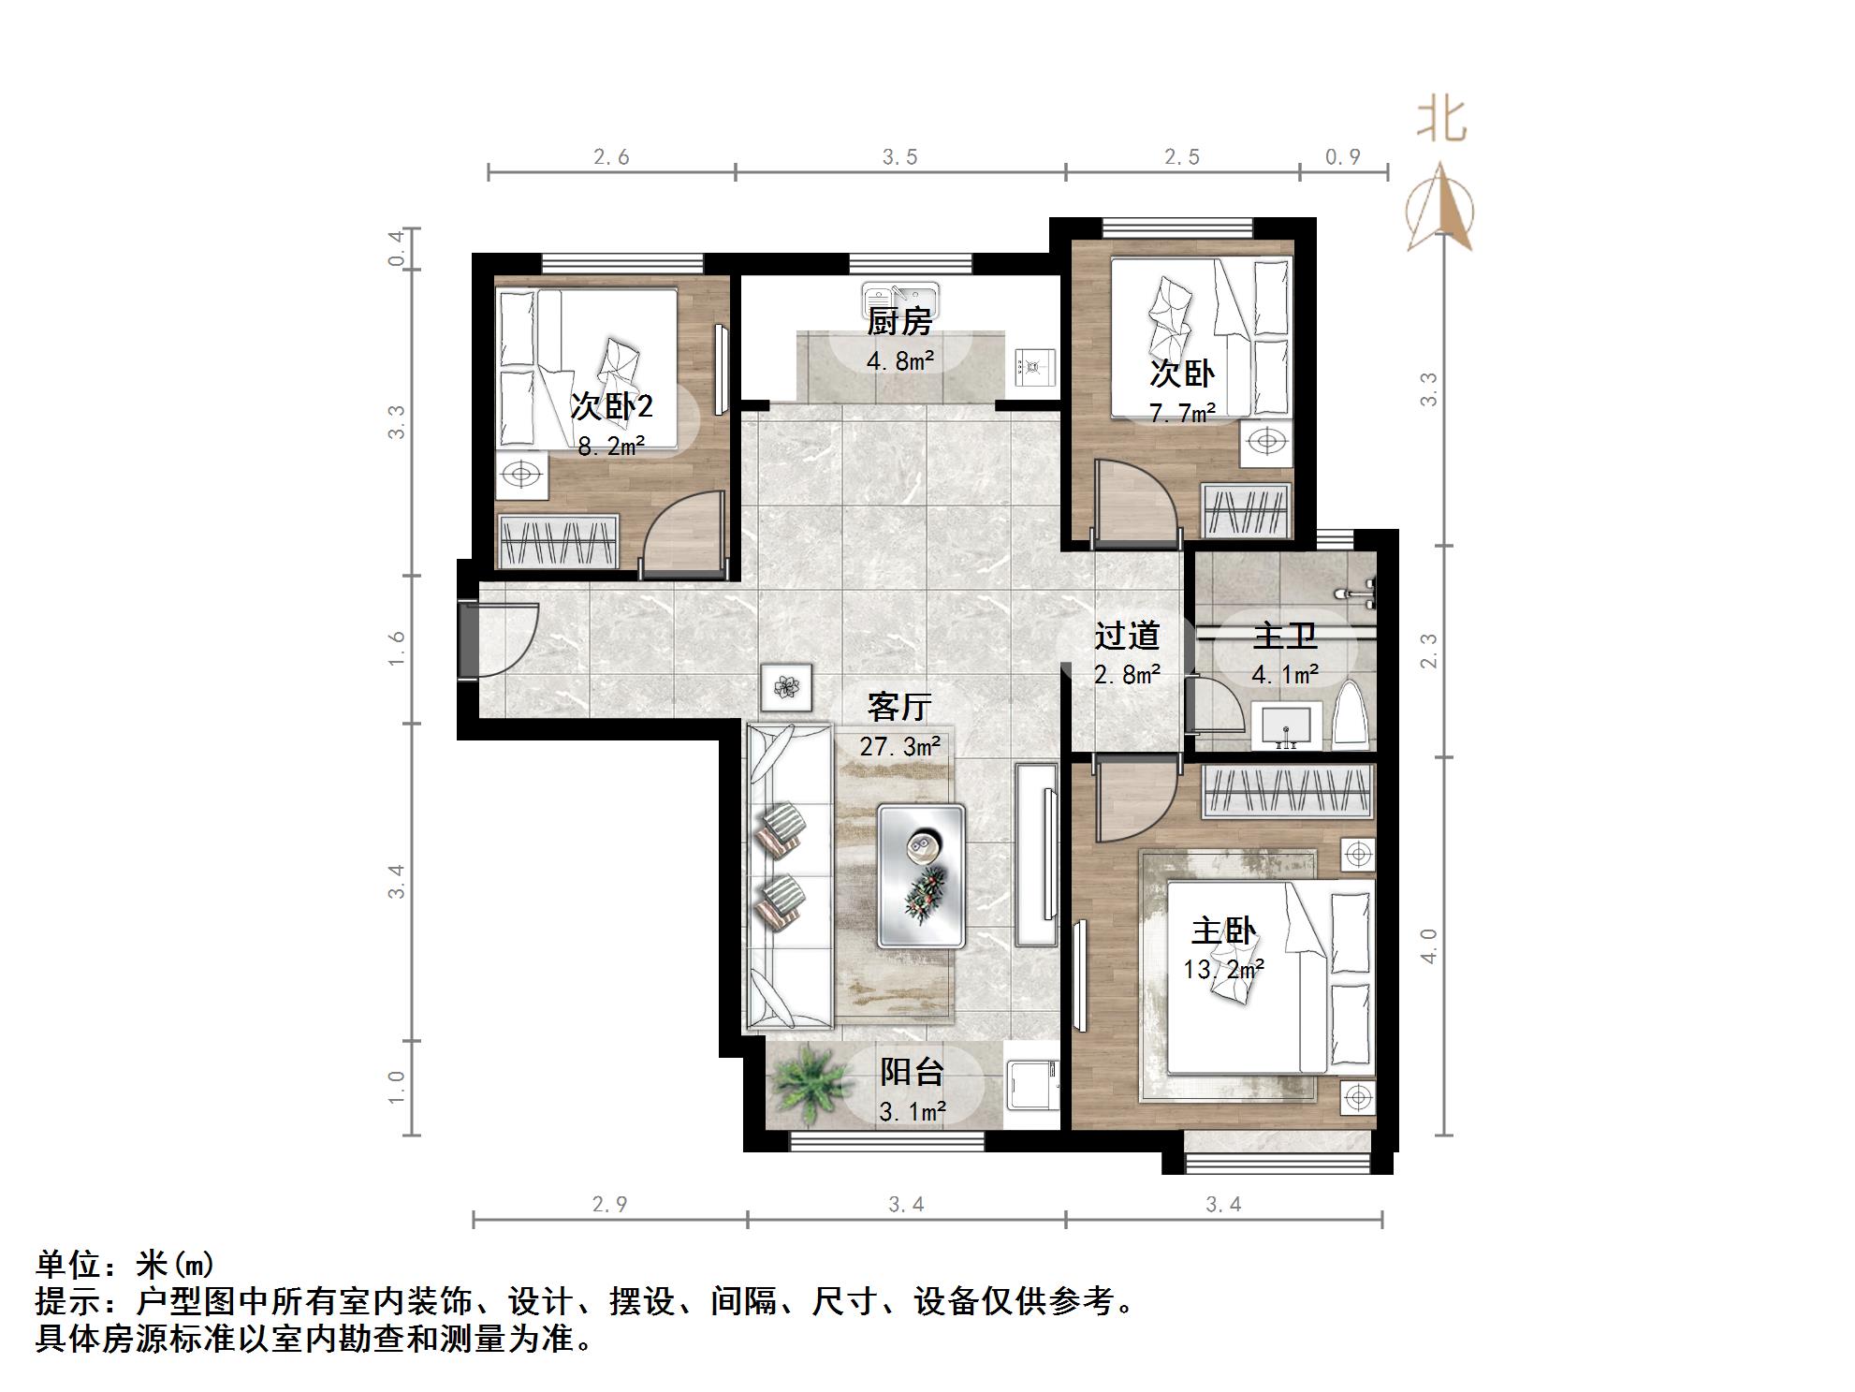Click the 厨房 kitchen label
point(898,323)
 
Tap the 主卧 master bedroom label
point(1222,931)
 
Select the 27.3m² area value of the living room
point(899,746)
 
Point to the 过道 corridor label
point(1127,637)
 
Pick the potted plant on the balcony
point(811,1084)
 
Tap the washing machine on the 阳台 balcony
point(1030,1084)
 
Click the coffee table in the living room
point(921,876)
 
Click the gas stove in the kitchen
point(1034,367)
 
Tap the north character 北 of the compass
point(1440,121)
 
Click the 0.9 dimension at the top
point(1342,157)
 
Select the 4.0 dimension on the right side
point(1428,945)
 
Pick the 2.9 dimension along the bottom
point(609,1205)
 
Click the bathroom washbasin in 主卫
point(1288,726)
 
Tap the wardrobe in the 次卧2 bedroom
point(558,541)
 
